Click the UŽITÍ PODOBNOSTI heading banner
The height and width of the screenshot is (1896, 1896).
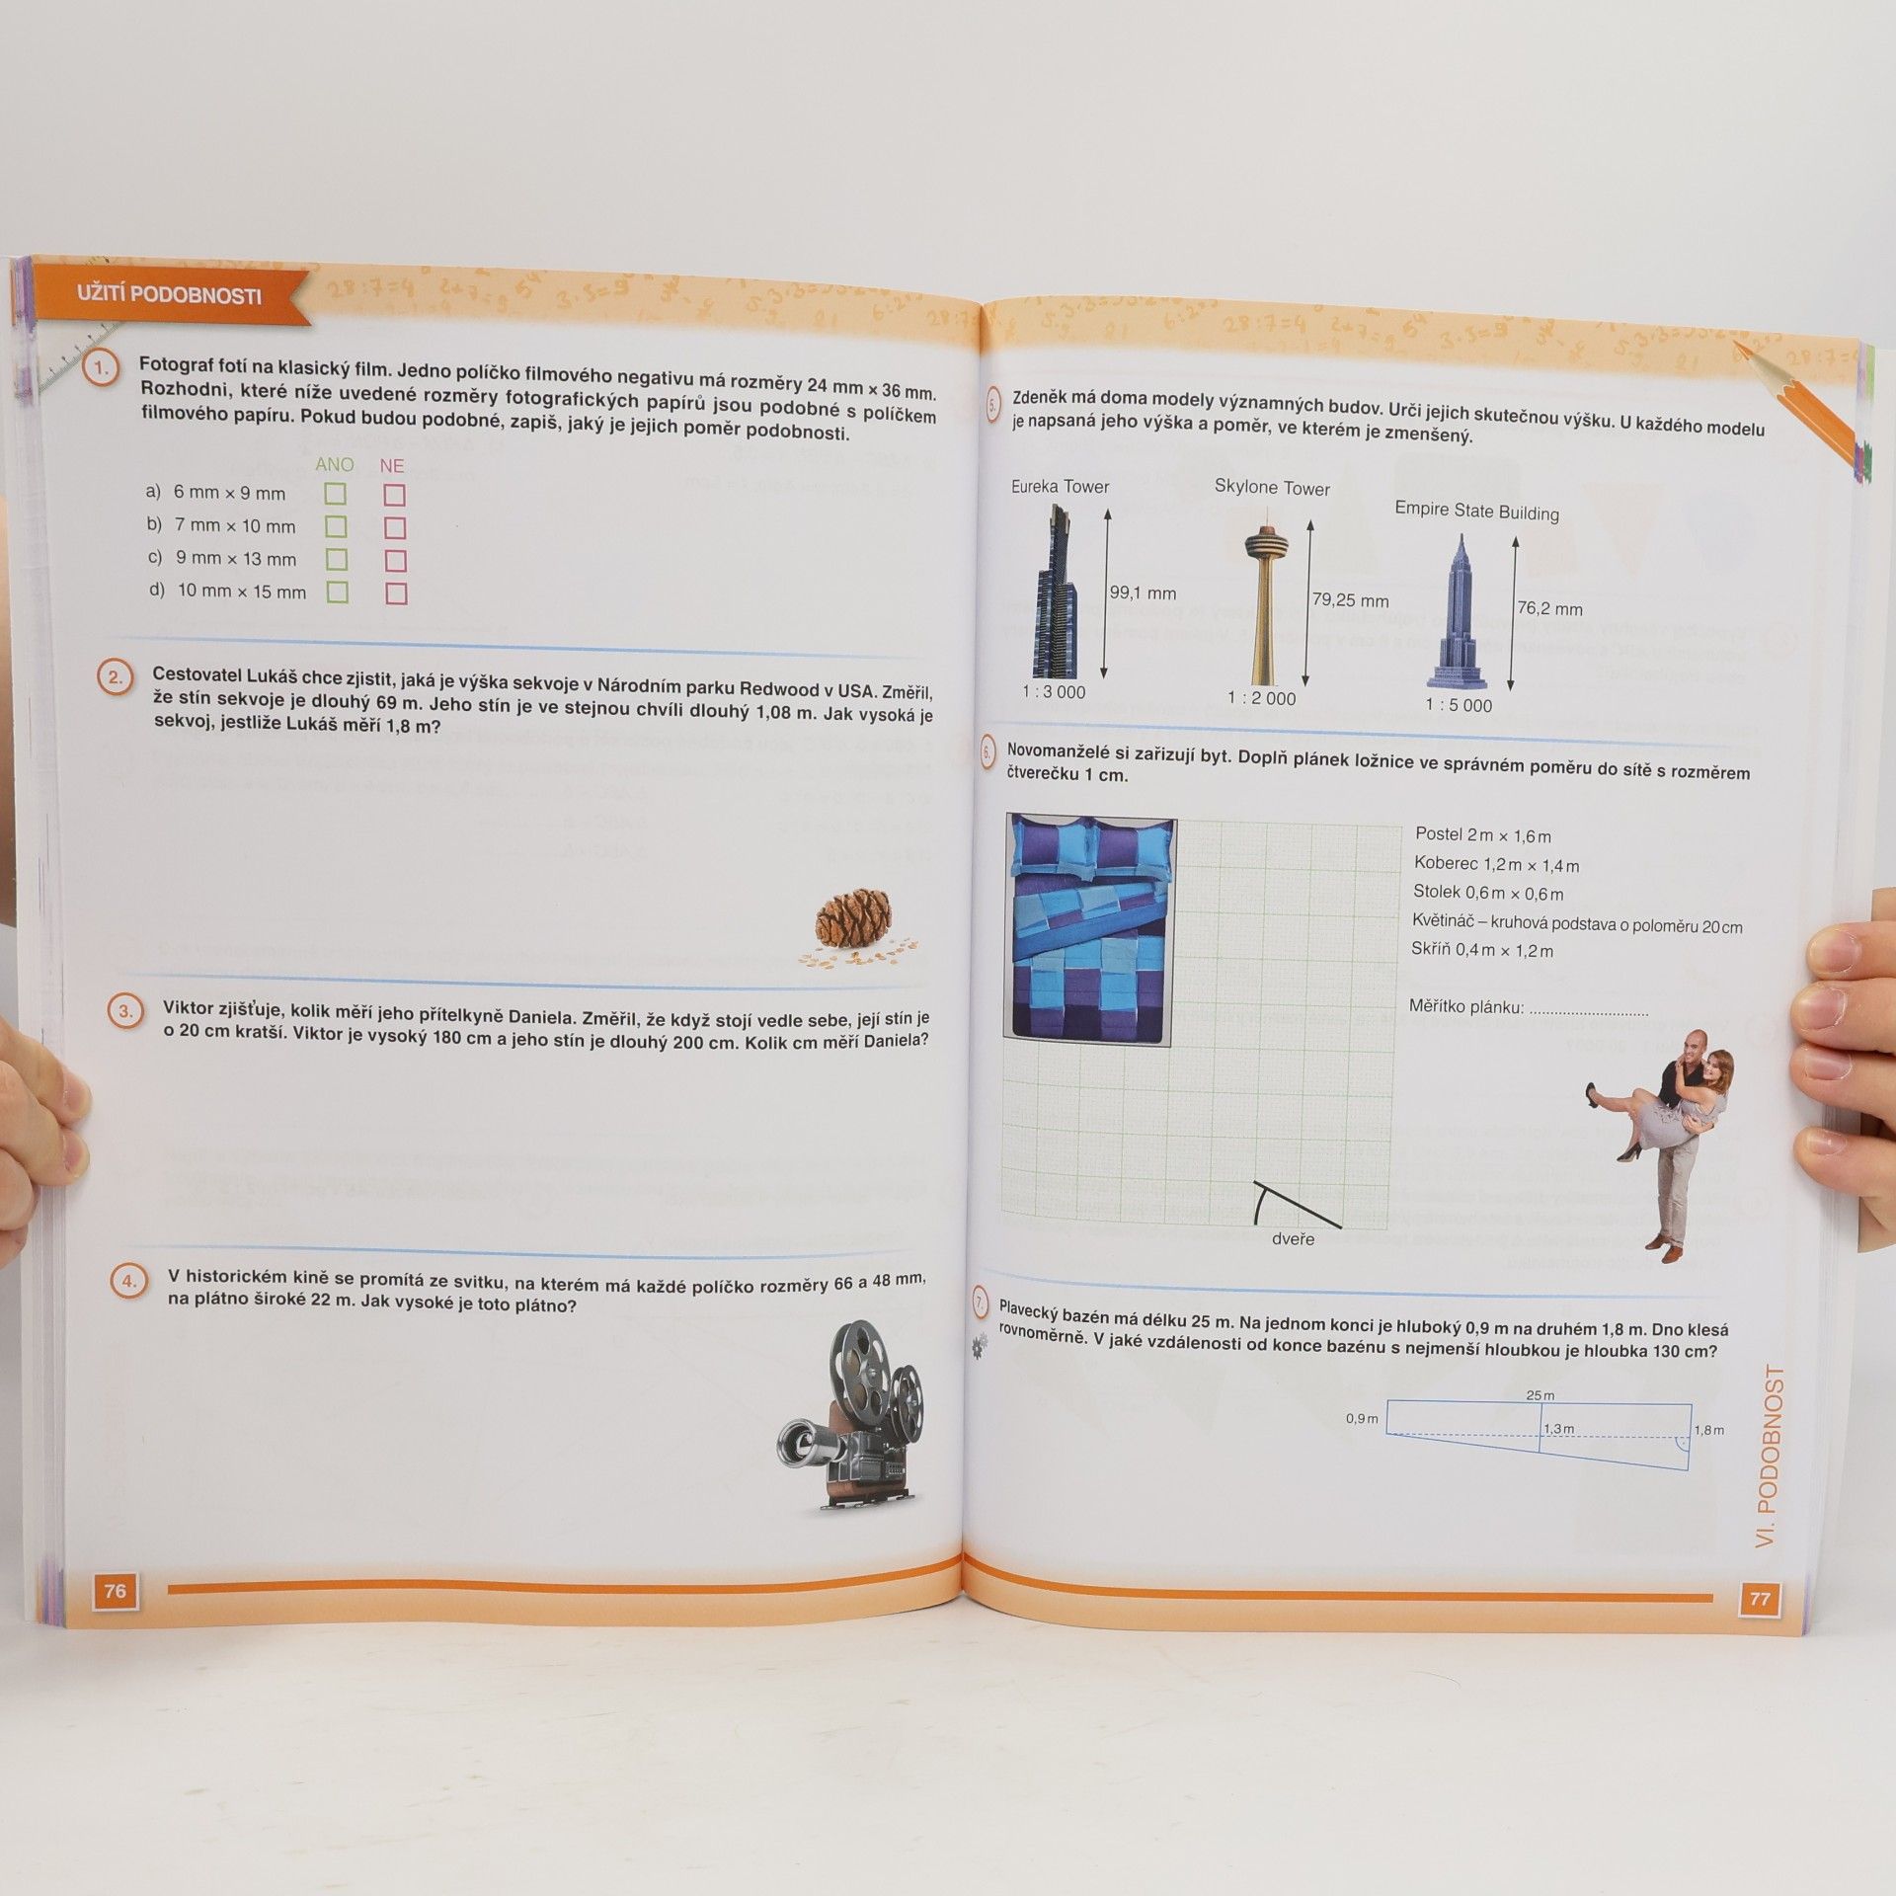click(170, 293)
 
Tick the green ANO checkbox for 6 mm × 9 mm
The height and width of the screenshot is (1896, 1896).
click(336, 494)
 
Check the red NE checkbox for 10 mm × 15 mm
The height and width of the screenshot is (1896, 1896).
click(396, 593)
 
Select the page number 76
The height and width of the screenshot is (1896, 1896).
click(116, 1590)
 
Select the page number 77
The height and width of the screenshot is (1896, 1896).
click(1759, 1599)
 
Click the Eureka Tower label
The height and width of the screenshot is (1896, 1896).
click(1060, 487)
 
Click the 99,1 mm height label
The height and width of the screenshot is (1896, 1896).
click(1143, 592)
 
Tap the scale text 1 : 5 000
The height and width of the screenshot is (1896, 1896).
click(1459, 705)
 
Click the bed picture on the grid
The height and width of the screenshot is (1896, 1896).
click(1090, 929)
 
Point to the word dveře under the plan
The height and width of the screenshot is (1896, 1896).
click(1293, 1238)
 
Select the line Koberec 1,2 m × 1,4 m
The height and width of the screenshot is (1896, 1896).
click(1496, 865)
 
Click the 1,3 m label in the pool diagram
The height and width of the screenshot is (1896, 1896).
click(1558, 1429)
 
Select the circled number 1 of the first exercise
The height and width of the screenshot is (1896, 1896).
click(101, 369)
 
